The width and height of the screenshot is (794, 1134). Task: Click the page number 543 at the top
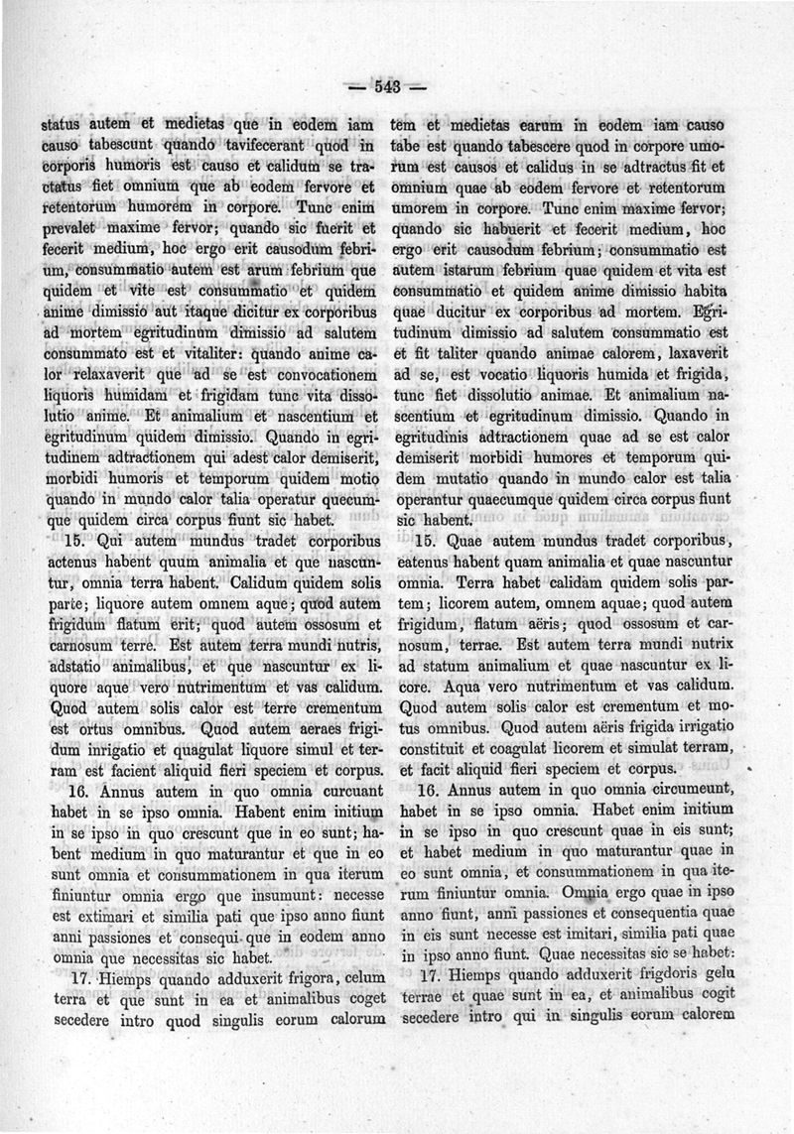387,87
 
